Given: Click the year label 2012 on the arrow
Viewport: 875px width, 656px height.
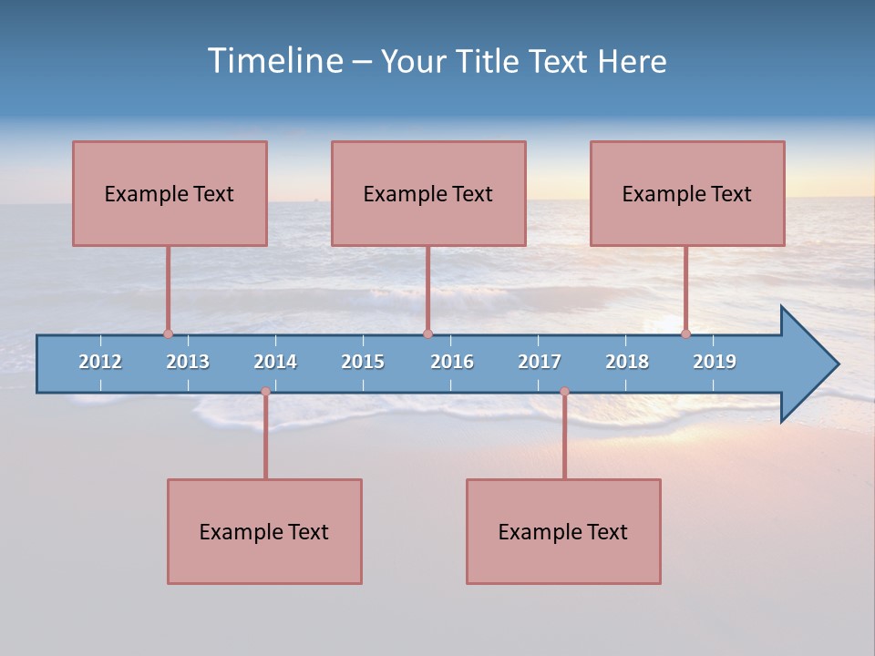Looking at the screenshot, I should (100, 362).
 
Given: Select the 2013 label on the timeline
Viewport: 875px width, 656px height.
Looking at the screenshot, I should (188, 362).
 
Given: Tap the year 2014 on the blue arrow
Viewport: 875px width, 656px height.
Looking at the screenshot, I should (275, 362).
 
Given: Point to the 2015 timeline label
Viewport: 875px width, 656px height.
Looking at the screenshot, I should (363, 362).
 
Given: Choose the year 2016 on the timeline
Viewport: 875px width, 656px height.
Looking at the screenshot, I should (452, 362).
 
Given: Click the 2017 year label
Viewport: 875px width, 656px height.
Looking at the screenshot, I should (540, 362).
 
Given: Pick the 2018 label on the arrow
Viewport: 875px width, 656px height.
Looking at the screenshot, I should (627, 362).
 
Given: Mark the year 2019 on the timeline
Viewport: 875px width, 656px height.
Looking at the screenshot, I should (715, 362).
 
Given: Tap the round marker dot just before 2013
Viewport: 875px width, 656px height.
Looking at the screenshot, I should (168, 334).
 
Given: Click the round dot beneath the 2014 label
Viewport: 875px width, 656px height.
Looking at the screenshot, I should (265, 392).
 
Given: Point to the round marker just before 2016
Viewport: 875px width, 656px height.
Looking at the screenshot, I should (427, 334).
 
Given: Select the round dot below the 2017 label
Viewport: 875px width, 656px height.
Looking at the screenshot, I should (564, 392).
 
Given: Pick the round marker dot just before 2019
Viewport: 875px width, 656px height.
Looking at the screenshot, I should (685, 334).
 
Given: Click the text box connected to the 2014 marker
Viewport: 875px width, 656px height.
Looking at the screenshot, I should (264, 531).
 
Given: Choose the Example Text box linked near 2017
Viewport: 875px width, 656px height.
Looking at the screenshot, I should (563, 531).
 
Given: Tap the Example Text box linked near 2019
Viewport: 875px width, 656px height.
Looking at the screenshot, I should (687, 193).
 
